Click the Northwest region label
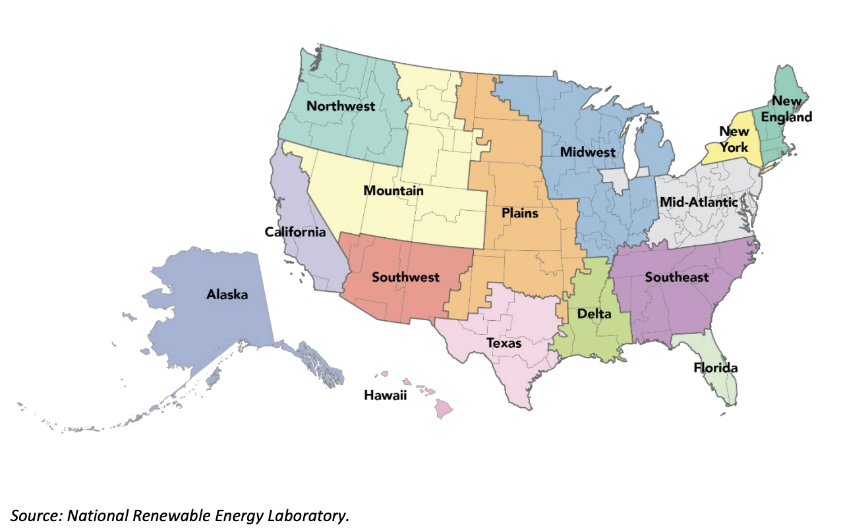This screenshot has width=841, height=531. coord(341,106)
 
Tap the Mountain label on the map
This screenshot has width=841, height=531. coord(393,191)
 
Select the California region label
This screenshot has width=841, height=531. coord(295,232)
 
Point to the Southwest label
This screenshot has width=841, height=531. coord(405,277)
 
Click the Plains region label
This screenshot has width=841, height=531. coord(520,213)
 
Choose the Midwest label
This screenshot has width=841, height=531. coord(588,152)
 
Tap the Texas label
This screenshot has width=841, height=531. coord(504,343)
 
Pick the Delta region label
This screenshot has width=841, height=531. coord(594,314)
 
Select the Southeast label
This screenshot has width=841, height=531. coord(677,277)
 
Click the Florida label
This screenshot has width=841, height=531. coord(716,368)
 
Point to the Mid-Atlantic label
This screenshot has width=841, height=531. coord(699,202)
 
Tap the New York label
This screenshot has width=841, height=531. coord(734,139)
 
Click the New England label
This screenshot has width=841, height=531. coord(788,109)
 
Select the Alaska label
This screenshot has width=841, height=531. coord(227,294)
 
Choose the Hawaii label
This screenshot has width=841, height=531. coord(386,395)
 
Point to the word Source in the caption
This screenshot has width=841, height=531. coord(33,515)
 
